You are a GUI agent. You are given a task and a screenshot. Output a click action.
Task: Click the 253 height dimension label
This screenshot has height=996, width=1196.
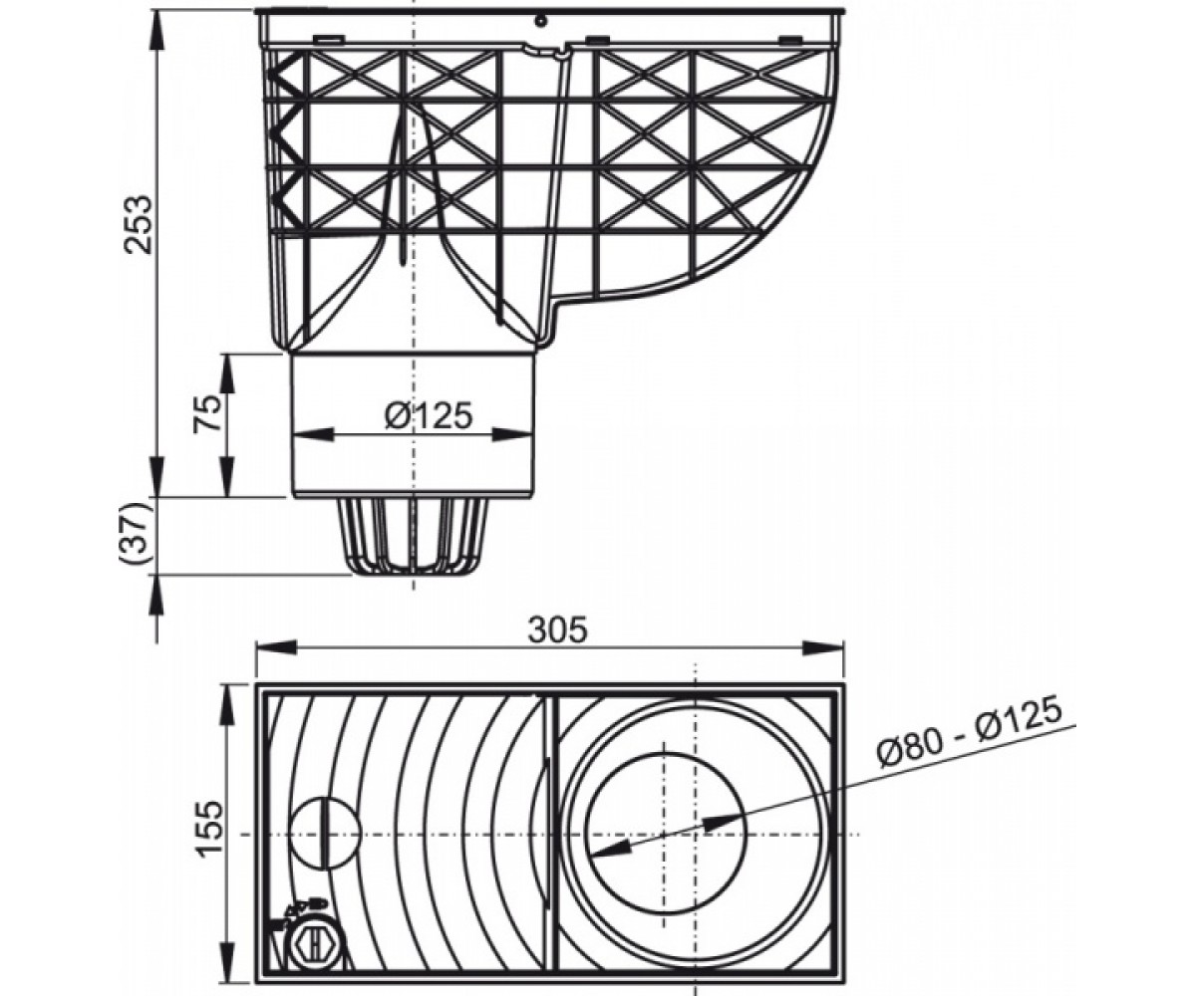click(x=140, y=225)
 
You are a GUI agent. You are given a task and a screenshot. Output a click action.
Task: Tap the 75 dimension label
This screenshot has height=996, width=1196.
click(x=208, y=412)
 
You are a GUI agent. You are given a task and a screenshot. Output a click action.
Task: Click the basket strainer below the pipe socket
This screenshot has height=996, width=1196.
click(x=414, y=537)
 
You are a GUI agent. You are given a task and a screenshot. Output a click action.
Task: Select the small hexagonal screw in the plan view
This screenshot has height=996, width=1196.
click(x=315, y=939)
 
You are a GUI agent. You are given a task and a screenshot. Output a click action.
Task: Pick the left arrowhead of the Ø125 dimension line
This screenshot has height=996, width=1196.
click(x=313, y=434)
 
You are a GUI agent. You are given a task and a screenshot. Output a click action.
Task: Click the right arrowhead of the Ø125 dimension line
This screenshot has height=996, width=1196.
click(x=512, y=434)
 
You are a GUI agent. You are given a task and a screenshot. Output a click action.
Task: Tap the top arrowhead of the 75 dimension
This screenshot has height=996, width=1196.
click(x=227, y=375)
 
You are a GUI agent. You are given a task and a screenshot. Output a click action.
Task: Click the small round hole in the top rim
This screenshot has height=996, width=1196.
click(x=538, y=22)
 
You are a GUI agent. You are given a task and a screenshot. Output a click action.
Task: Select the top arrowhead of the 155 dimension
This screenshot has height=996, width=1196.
click(x=227, y=704)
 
